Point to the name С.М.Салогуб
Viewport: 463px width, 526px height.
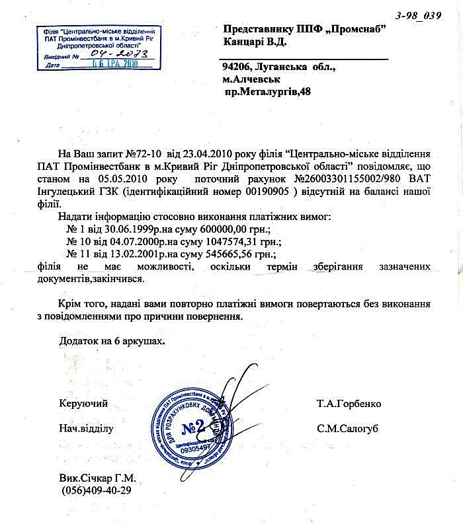tap(347, 428)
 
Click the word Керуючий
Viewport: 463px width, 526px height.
tap(83, 404)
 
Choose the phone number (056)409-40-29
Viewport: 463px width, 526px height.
tap(97, 491)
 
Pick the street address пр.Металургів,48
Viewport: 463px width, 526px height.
tap(268, 91)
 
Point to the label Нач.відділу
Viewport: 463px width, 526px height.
tap(87, 428)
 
